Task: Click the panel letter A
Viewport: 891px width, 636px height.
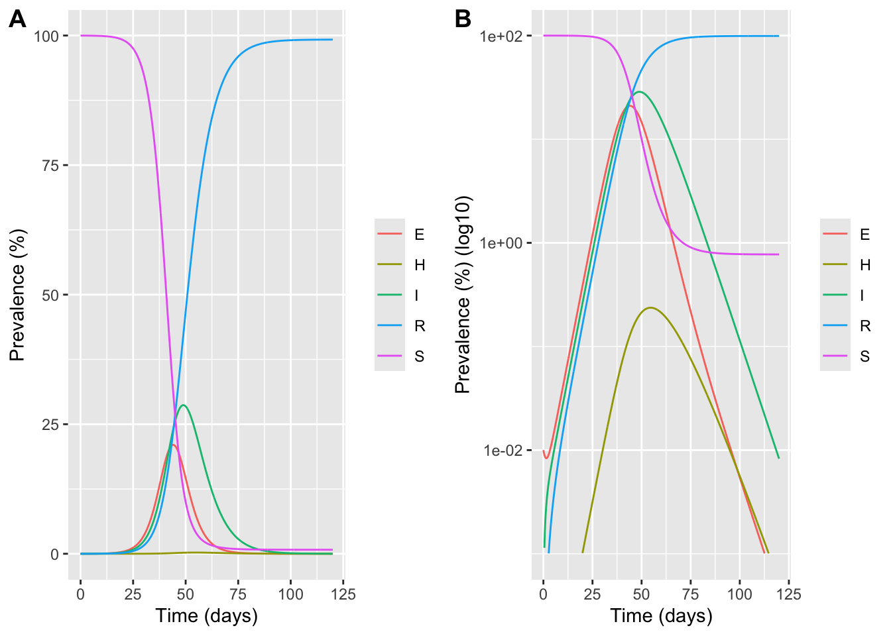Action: click(17, 19)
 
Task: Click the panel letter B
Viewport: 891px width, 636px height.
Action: click(463, 19)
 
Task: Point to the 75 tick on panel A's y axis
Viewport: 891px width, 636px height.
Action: click(50, 165)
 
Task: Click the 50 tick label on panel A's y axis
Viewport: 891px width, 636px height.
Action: click(50, 295)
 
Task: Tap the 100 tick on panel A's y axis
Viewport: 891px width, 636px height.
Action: click(46, 36)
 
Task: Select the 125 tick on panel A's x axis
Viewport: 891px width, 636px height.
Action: click(343, 594)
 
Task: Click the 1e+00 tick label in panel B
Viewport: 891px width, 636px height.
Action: click(501, 243)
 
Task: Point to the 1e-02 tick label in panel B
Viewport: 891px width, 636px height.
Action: click(501, 450)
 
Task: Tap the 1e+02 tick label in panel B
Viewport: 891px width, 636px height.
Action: click(501, 36)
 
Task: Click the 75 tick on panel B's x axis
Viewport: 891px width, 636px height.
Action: click(691, 594)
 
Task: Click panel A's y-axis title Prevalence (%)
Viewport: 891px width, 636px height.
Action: click(17, 295)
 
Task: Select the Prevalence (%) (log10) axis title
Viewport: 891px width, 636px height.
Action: click(463, 295)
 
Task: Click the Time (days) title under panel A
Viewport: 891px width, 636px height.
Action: click(206, 616)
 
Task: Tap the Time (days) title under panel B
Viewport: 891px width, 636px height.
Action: click(661, 616)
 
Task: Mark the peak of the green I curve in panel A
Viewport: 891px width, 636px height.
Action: click(183, 405)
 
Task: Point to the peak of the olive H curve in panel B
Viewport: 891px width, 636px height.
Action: click(651, 307)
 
